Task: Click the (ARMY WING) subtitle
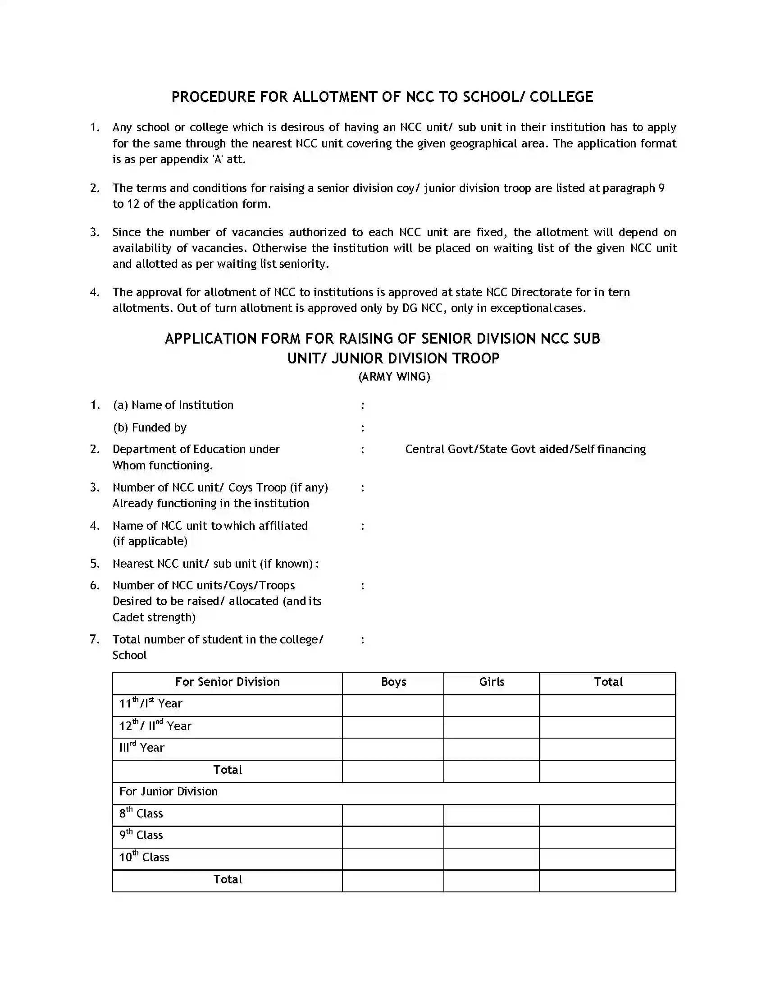pos(394,377)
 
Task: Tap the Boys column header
pos(393,682)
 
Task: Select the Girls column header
pos(492,682)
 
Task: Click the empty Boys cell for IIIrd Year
pos(393,748)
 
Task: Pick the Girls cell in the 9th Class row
pos(492,835)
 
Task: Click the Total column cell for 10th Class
pos(607,858)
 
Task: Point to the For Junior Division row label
pos(169,792)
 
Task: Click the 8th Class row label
pos(141,813)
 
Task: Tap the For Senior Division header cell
pos(228,682)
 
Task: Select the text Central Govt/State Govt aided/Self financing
pos(525,449)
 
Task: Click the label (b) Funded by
pos(150,427)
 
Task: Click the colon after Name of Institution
pos(362,405)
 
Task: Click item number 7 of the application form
pos(94,639)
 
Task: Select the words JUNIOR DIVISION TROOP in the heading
pos(415,358)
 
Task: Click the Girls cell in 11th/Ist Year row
pos(492,704)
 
